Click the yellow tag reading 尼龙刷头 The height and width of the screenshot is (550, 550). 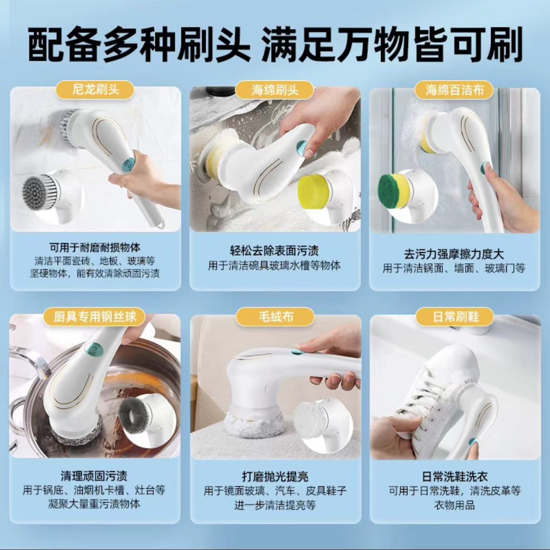(95, 90)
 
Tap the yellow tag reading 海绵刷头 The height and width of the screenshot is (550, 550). (275, 90)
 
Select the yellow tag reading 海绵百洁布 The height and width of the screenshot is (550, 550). (455, 90)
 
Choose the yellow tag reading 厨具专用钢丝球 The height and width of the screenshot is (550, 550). (95, 317)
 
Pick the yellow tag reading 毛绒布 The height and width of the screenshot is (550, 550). (275, 317)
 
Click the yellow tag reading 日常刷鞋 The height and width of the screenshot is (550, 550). (455, 317)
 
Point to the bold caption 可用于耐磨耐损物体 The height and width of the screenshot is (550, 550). (95, 247)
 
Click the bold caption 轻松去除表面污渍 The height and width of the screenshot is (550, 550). (274, 251)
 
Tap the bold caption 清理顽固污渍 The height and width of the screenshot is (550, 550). (94, 475)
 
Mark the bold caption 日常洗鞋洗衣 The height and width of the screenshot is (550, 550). (455, 476)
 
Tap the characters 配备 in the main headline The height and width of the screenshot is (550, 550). (66, 44)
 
